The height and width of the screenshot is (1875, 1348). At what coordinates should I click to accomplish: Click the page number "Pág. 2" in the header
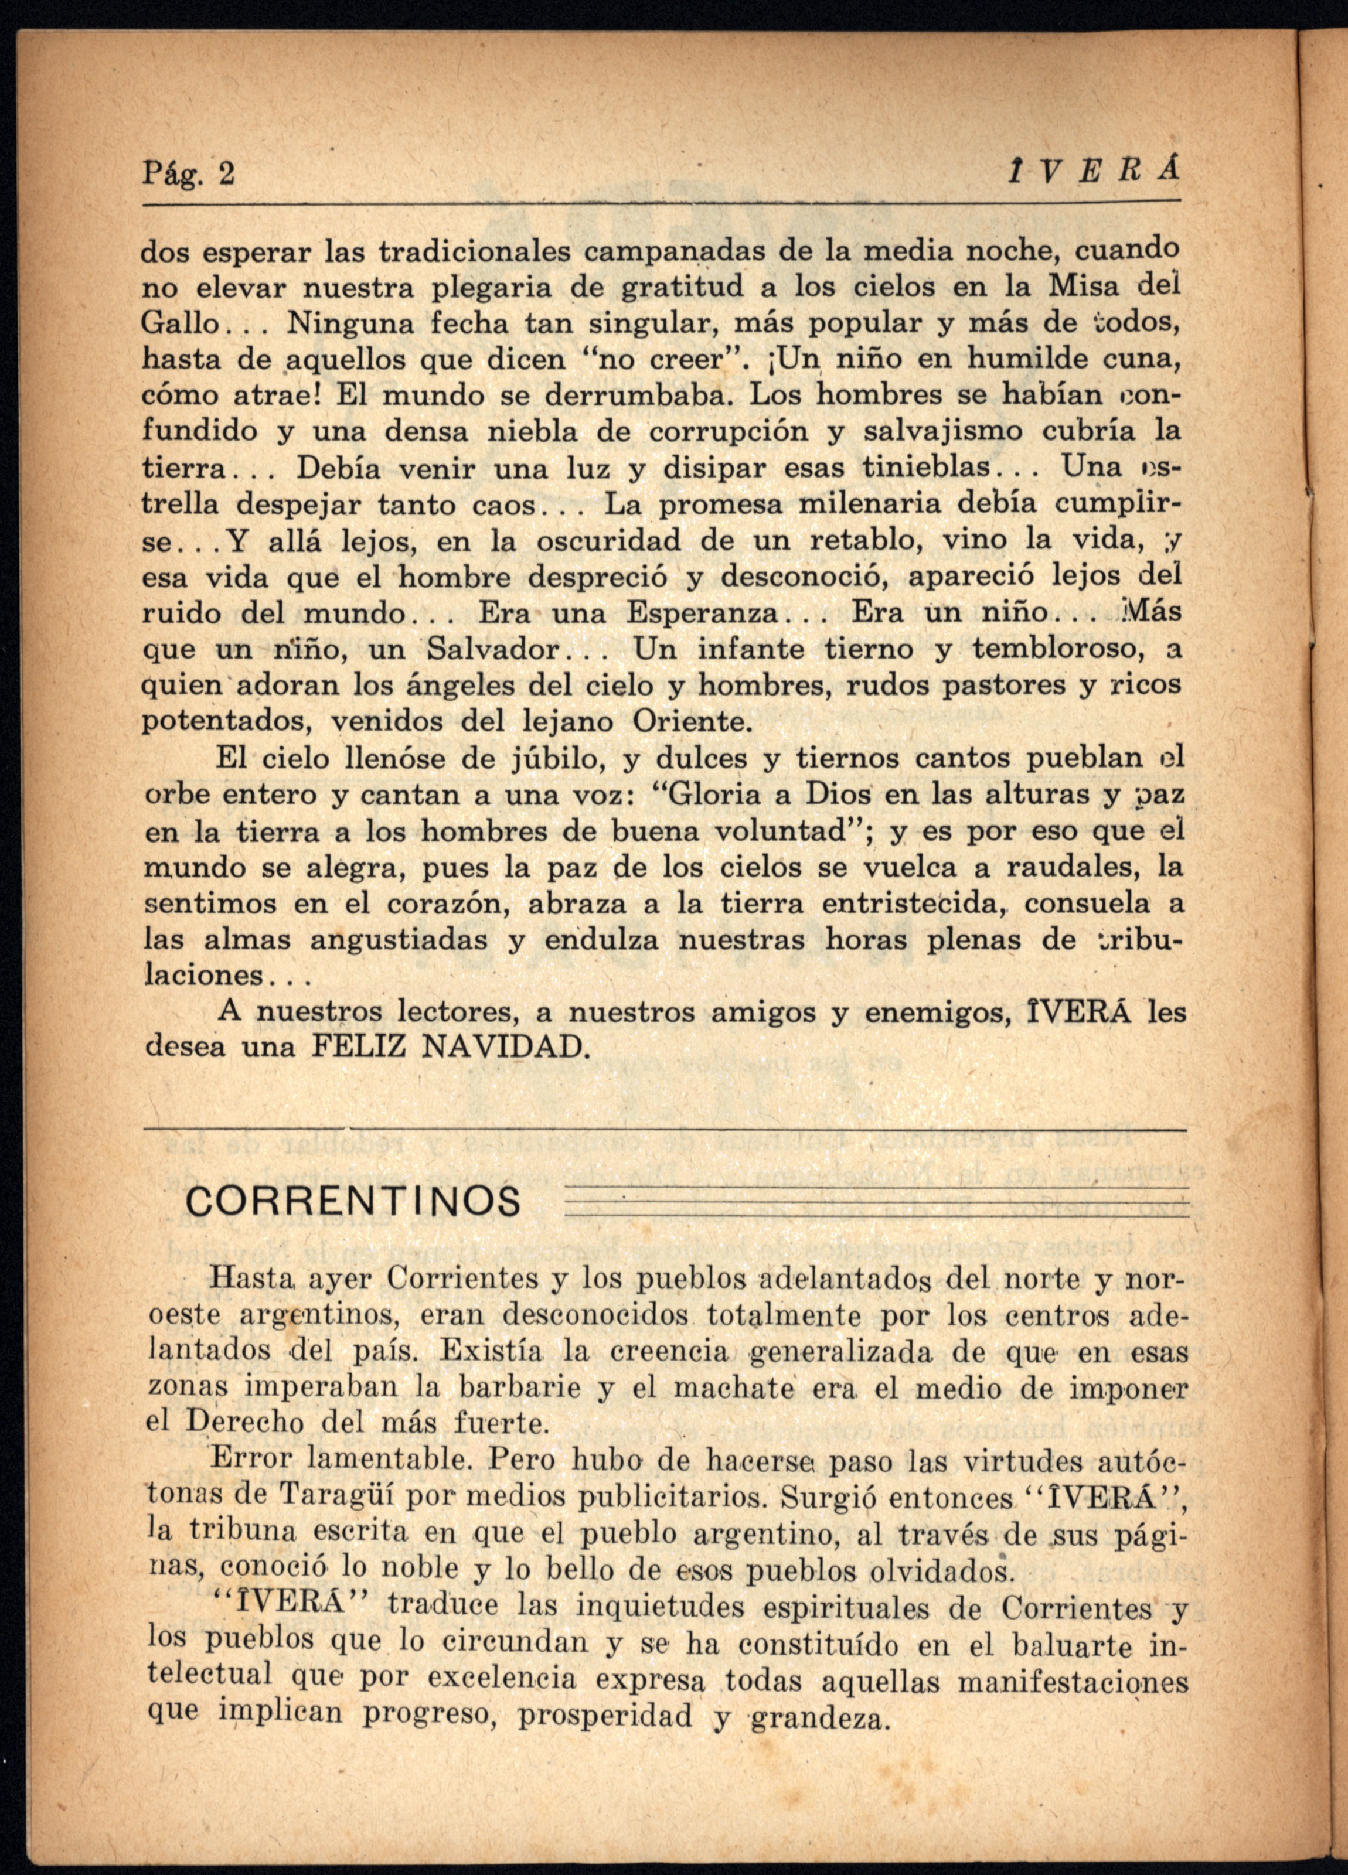(x=189, y=175)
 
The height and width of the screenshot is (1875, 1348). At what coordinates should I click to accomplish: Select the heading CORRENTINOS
(x=354, y=1201)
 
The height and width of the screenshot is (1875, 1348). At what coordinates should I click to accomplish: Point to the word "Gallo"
(x=179, y=322)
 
